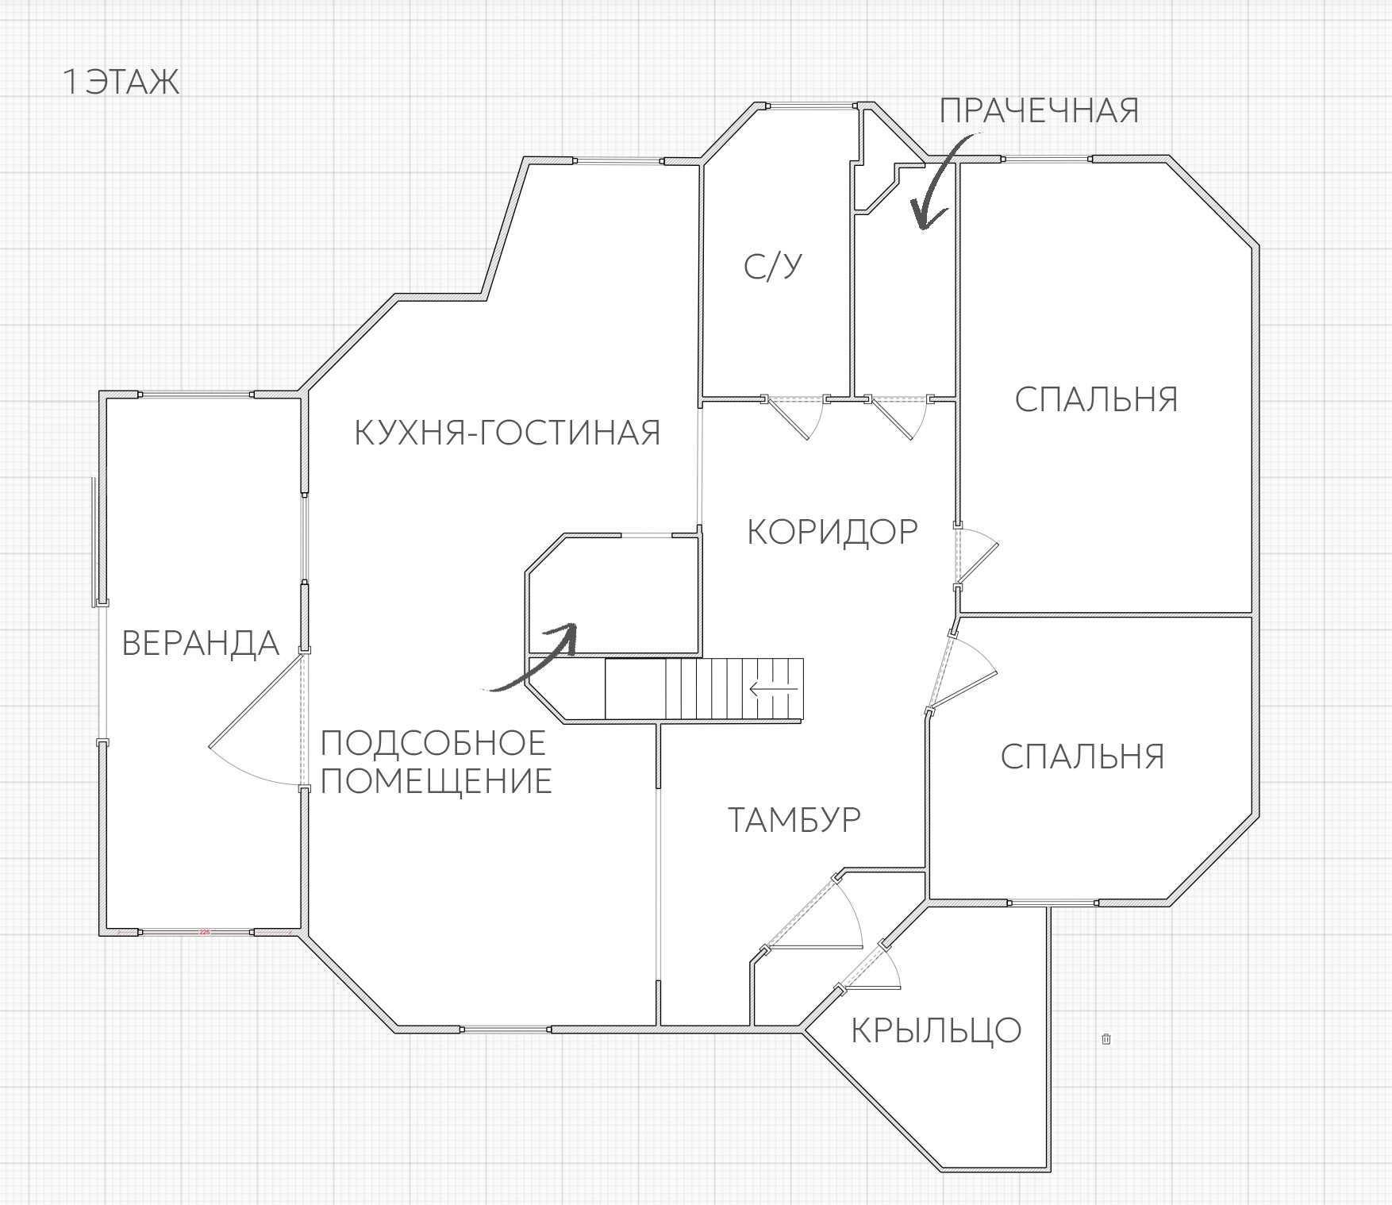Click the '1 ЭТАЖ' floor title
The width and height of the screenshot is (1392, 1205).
[x=121, y=83]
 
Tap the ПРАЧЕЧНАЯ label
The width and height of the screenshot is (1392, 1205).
[x=1039, y=111]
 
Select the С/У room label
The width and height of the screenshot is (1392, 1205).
[x=772, y=267]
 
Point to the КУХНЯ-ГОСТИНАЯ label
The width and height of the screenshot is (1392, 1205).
[x=507, y=433]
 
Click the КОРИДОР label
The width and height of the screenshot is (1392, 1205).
[x=833, y=531]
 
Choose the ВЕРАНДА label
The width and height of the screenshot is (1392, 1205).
[x=201, y=643]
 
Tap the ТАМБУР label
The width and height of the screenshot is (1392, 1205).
[x=794, y=819]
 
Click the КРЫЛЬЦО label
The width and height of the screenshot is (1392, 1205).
[x=936, y=1030]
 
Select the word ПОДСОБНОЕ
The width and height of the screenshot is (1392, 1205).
[x=433, y=744]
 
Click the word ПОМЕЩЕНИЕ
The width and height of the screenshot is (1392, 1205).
[x=436, y=781]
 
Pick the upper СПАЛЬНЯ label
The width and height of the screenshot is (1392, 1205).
[x=1096, y=399]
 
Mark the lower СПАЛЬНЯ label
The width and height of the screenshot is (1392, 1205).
[x=1082, y=756]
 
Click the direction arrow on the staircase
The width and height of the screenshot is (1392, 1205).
[x=774, y=689]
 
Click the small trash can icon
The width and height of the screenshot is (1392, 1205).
[x=1106, y=1038]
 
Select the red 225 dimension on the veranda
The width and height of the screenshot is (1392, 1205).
[x=204, y=932]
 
